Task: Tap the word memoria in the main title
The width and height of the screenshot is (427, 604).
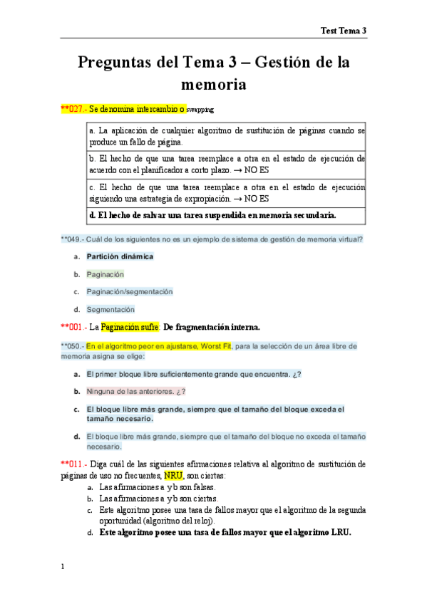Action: [x=214, y=85]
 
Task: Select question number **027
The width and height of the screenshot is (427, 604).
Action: [x=73, y=110]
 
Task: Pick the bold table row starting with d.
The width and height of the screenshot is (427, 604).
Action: [x=212, y=215]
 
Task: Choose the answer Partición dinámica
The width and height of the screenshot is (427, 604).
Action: [x=120, y=256]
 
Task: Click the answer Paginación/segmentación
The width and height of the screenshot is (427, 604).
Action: [x=130, y=291]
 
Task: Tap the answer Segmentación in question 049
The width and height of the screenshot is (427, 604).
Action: [x=110, y=309]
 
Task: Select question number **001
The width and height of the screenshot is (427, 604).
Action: [x=73, y=327]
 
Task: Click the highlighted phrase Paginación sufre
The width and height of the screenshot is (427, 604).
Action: [x=130, y=327]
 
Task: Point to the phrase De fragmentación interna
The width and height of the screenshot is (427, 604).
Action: [x=212, y=327]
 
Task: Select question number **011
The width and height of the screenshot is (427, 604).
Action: [x=73, y=464]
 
